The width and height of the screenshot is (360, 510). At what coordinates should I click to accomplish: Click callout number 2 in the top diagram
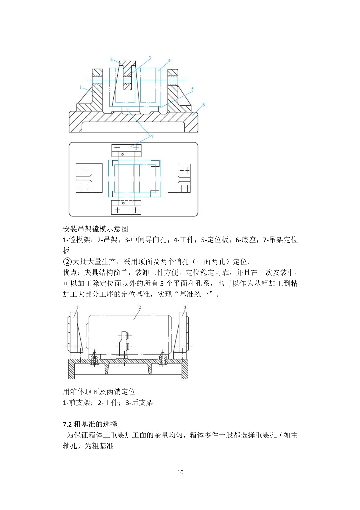pos(112,59)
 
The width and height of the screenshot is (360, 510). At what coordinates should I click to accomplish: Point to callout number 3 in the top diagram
pos(150,58)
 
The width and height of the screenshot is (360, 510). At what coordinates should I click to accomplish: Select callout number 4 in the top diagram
pos(169,61)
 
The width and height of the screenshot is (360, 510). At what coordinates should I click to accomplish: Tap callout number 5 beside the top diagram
pos(192,89)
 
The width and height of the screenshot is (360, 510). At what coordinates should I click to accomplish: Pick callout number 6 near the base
pos(203,105)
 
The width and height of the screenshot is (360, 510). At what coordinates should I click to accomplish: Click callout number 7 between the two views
pos(152,137)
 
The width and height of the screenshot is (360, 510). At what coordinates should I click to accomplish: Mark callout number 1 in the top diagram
pos(80,87)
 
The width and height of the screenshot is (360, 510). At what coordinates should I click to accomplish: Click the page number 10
pos(180,472)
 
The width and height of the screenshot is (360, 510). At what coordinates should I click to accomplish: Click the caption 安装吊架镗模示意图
pos(96,229)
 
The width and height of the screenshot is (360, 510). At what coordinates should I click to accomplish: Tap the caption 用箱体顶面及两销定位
pos(99,391)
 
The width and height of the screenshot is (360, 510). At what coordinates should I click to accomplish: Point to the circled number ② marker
pos(67,262)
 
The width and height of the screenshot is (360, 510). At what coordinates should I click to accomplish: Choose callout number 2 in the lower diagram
pos(140,307)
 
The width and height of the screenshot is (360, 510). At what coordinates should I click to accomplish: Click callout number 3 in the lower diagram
pos(185,307)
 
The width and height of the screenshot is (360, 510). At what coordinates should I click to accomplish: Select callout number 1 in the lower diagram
pos(77,307)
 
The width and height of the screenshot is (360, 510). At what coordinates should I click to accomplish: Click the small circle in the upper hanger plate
pos(122,154)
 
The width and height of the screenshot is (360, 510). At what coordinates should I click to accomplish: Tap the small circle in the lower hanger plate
pos(123,203)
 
